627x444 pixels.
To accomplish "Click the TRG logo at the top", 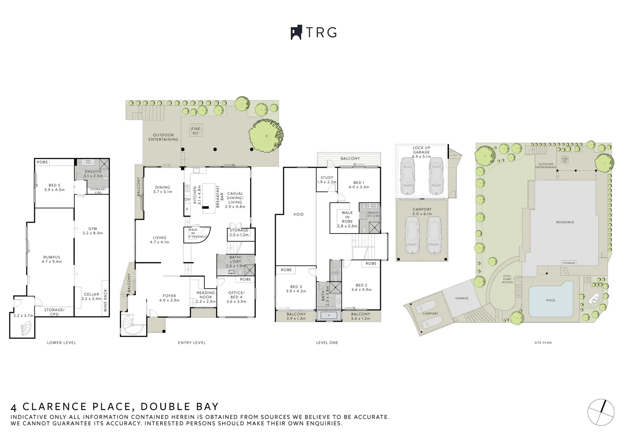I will [313, 32].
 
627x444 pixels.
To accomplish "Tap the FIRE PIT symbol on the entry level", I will [196, 131].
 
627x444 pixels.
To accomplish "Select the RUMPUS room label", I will [52, 259].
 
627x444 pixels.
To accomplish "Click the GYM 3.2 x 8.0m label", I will [92, 231].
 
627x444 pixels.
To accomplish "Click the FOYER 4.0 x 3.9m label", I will [169, 298].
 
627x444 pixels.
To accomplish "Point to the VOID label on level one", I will [298, 214].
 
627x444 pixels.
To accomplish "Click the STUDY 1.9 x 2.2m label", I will [327, 180].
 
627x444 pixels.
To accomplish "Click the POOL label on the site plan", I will [551, 300].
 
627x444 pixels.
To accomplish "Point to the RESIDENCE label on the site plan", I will [565, 222].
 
